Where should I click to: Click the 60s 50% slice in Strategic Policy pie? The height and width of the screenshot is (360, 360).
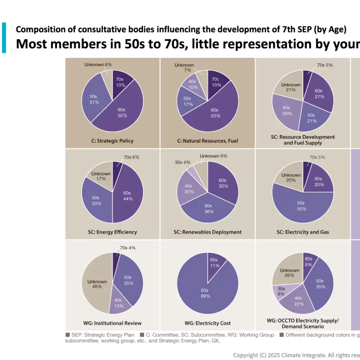pyautogui.click(x=122, y=112)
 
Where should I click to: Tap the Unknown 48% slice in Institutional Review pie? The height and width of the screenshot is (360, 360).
pyautogui.click(x=97, y=284)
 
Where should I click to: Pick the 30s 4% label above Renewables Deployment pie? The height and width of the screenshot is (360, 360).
pyautogui.click(x=182, y=162)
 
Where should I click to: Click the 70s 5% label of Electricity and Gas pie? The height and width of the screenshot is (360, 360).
pyautogui.click(x=317, y=157)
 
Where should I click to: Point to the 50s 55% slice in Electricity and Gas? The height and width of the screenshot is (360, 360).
pyautogui.click(x=301, y=206)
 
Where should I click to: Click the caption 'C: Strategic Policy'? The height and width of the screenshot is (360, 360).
pyautogui.click(x=112, y=141)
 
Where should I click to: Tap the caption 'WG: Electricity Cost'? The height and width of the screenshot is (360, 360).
pyautogui.click(x=207, y=323)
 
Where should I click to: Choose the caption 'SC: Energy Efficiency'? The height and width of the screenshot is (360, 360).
pyautogui.click(x=112, y=232)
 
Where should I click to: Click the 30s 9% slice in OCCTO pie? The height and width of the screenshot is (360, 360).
pyautogui.click(x=280, y=290)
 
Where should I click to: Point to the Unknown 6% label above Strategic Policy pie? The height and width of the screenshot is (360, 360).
pyautogui.click(x=98, y=65)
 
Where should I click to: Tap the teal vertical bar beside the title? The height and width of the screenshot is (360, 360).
pyautogui.click(x=4, y=38)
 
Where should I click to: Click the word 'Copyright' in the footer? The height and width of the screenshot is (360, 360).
pyautogui.click(x=245, y=355)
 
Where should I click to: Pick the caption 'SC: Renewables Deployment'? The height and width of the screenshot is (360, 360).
pyautogui.click(x=207, y=232)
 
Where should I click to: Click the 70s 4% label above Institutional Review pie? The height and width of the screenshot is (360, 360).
pyautogui.click(x=127, y=248)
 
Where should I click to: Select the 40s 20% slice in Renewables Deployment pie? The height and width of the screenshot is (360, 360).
pyautogui.click(x=188, y=189)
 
